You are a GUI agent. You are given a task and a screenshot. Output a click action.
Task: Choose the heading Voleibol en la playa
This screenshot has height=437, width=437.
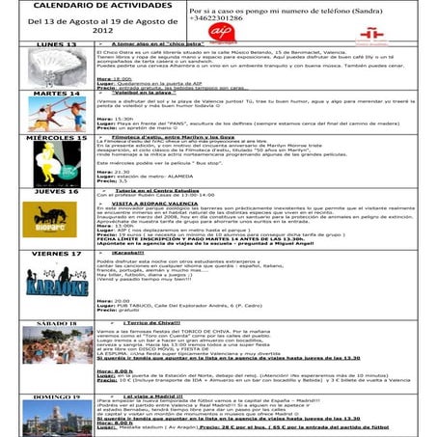pos(155,93)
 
